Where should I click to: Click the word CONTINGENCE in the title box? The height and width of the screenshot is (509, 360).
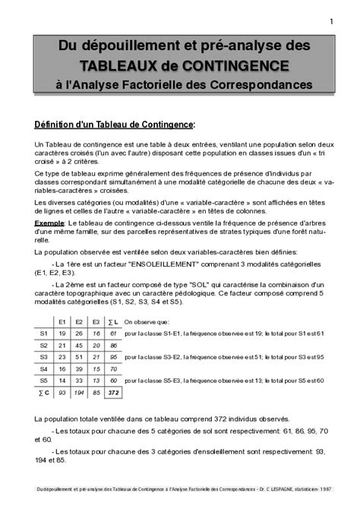pos(242,65)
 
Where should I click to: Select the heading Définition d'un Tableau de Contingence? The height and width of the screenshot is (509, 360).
pos(115,123)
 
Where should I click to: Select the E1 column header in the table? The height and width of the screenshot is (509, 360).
pos(61,321)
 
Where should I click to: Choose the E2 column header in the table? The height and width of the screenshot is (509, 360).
pos(78,321)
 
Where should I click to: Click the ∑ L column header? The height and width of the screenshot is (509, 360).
pos(113,321)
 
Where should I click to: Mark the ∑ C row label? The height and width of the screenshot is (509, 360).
pos(43,392)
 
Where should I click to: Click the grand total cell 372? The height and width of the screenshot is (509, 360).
pos(113,392)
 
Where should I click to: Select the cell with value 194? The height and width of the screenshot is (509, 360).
pos(78,392)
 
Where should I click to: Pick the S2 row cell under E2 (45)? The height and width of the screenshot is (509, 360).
pos(78,345)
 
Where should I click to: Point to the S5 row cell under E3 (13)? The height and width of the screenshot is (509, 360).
pos(96,380)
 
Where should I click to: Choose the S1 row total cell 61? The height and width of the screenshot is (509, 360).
pos(113,333)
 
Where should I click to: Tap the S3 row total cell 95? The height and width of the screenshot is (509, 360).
pos(113,356)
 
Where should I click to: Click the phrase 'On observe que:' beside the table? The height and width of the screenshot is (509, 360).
pos(144,321)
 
